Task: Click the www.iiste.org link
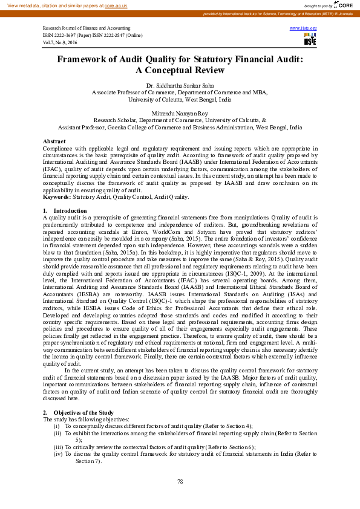pos(303,28)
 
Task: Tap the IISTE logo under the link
pos(310,39)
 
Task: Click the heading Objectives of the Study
pos(80,412)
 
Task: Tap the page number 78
pos(180,481)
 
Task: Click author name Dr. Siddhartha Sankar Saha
pos(180,86)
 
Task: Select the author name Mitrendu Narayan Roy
pos(180,113)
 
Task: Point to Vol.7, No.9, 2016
pos(61,43)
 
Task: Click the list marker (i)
pos(57,426)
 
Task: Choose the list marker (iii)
pos(58,447)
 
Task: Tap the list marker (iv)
pos(58,453)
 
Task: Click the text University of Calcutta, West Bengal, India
pos(180,99)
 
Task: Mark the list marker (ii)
pos(57,433)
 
